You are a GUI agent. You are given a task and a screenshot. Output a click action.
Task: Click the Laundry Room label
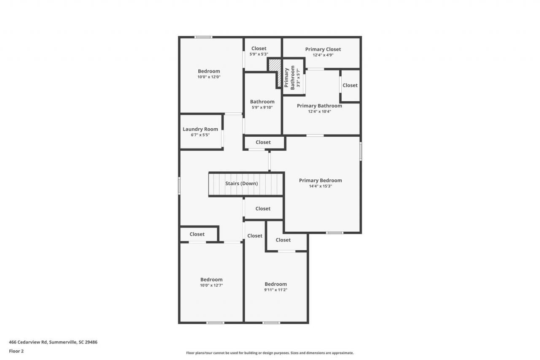(200, 129)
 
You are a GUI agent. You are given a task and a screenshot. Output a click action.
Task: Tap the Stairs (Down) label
(241, 184)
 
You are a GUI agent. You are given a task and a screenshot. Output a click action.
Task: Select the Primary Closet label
(323, 49)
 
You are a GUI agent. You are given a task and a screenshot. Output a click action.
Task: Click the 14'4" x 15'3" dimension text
(320, 186)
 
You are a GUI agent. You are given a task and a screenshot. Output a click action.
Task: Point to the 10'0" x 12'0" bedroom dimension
(209, 77)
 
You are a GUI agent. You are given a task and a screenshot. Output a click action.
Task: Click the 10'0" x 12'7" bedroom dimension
(211, 285)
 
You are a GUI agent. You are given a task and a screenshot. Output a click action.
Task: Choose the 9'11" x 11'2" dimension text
(275, 290)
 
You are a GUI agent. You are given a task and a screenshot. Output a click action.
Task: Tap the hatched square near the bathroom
(274, 65)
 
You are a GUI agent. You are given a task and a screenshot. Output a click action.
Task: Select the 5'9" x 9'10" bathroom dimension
(262, 107)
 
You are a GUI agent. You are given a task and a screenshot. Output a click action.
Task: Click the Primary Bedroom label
(320, 180)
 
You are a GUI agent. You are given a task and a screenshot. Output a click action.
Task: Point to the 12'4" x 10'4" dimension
(319, 111)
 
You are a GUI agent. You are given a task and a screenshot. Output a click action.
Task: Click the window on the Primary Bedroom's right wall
(361, 151)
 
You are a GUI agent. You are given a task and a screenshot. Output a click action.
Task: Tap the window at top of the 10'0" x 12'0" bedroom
(203, 37)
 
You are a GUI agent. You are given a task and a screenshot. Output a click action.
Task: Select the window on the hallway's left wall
(179, 185)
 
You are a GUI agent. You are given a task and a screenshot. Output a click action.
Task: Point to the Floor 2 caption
(16, 351)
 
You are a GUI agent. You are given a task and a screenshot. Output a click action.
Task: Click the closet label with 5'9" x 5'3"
(259, 49)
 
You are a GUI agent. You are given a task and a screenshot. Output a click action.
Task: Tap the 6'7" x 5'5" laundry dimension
(200, 135)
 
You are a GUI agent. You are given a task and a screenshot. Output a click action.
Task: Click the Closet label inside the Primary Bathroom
(350, 85)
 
